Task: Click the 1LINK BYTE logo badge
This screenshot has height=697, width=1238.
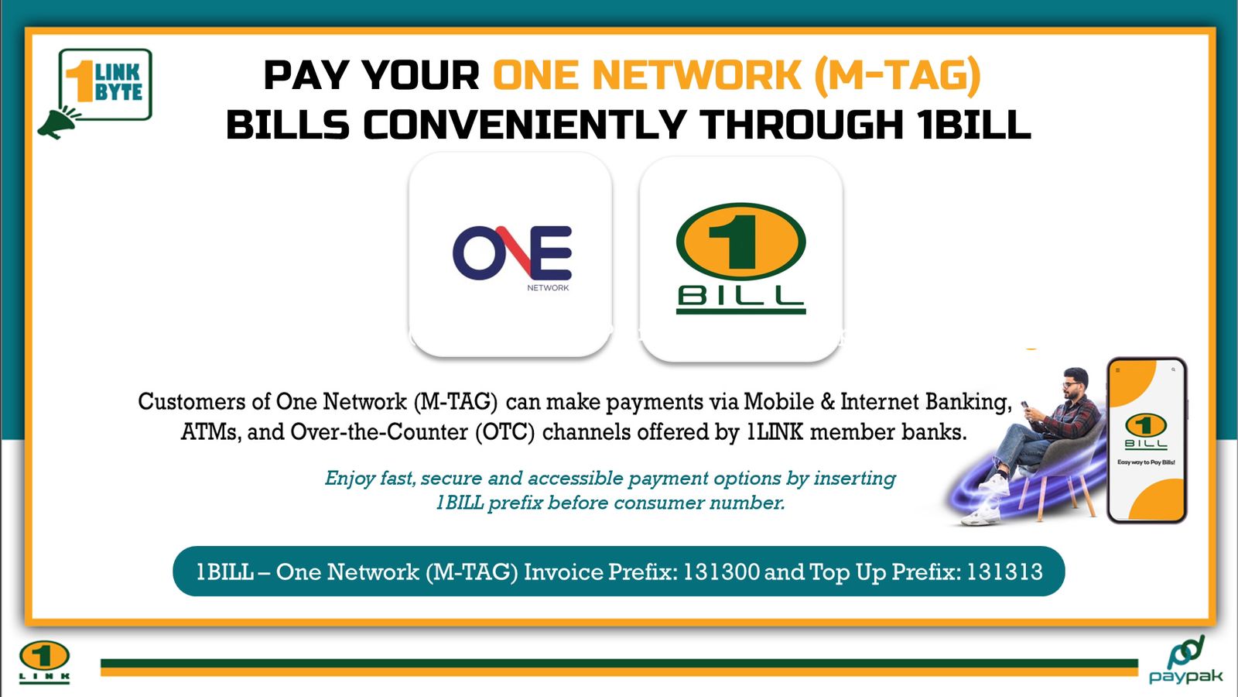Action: click(x=105, y=84)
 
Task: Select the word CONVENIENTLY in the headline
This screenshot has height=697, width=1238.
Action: click(x=525, y=125)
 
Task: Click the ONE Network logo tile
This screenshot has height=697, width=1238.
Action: click(x=510, y=255)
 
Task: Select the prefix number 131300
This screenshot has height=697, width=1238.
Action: click(x=721, y=572)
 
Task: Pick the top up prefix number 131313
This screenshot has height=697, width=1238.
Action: click(x=1004, y=572)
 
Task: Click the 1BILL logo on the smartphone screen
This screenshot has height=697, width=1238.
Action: click(x=1146, y=431)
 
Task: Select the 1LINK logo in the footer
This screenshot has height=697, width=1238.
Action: click(x=44, y=661)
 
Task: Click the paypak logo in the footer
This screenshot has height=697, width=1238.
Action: click(x=1185, y=661)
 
